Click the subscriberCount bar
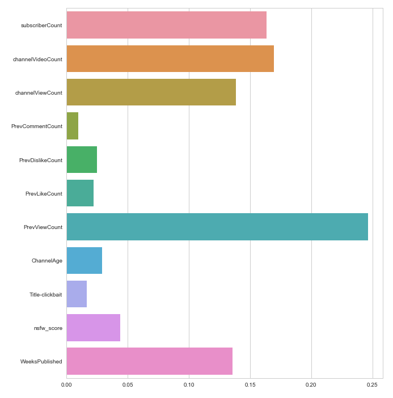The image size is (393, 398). point(166,25)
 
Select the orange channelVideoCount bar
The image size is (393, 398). point(170,59)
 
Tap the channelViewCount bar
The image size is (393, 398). point(151,92)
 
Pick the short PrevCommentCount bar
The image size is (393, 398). point(73,126)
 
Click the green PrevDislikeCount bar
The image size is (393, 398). point(82,160)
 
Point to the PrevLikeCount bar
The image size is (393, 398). point(80,193)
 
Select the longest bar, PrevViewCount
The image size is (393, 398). point(217,227)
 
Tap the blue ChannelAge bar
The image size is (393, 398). point(84,260)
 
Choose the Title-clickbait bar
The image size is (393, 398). point(77,294)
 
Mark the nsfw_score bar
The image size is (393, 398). point(94,328)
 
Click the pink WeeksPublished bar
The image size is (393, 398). point(149,361)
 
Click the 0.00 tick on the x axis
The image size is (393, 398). point(66,384)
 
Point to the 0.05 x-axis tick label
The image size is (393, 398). point(128,384)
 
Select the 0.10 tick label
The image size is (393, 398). point(189,384)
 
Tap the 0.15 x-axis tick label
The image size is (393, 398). point(250,384)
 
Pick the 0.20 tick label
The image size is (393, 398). point(311,384)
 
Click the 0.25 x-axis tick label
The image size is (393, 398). point(373,384)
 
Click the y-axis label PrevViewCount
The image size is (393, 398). point(43,227)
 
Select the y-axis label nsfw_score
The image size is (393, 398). point(48,328)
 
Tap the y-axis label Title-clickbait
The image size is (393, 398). point(46,295)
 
